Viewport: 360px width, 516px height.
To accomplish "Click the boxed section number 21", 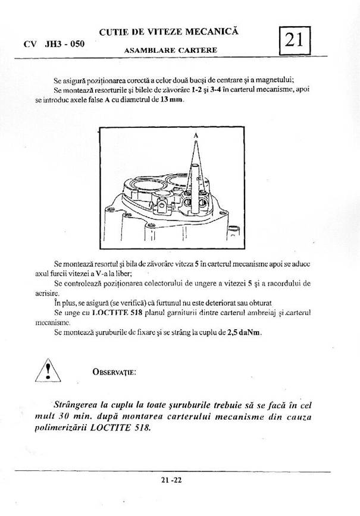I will coord(295,40).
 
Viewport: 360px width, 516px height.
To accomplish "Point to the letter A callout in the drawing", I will coord(195,136).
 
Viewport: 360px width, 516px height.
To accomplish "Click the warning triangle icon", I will coord(50,370).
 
